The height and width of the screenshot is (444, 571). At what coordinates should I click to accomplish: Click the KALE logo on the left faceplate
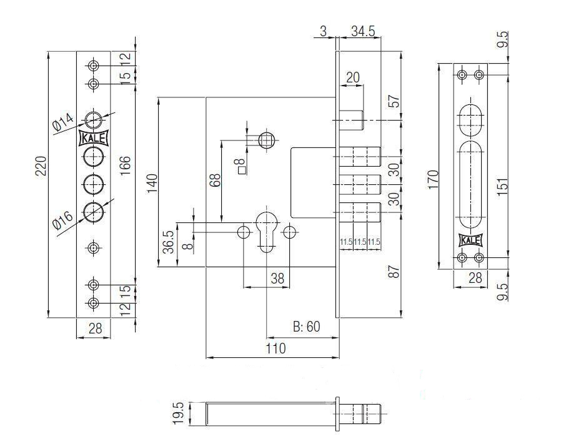93,139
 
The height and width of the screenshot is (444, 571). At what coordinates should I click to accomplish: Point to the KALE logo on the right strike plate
470,240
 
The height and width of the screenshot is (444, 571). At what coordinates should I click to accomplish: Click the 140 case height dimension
152,183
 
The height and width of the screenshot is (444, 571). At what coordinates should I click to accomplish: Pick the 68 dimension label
216,180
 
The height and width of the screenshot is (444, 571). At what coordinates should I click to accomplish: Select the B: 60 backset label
307,327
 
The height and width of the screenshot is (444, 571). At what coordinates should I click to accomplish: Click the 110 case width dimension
276,348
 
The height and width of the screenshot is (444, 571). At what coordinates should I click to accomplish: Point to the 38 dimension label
277,279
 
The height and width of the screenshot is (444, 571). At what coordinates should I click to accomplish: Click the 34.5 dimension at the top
363,31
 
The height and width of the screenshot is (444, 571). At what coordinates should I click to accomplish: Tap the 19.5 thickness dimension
178,413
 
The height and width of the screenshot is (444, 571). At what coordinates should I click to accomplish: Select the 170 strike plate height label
433,179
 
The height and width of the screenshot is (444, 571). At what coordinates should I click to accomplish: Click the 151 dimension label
502,186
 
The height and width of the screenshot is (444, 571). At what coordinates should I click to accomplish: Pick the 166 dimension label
126,165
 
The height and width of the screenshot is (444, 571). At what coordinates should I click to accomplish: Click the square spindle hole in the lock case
267,140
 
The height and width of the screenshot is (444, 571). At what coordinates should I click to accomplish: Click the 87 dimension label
394,272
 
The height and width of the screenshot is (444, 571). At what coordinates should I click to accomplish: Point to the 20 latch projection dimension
352,77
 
